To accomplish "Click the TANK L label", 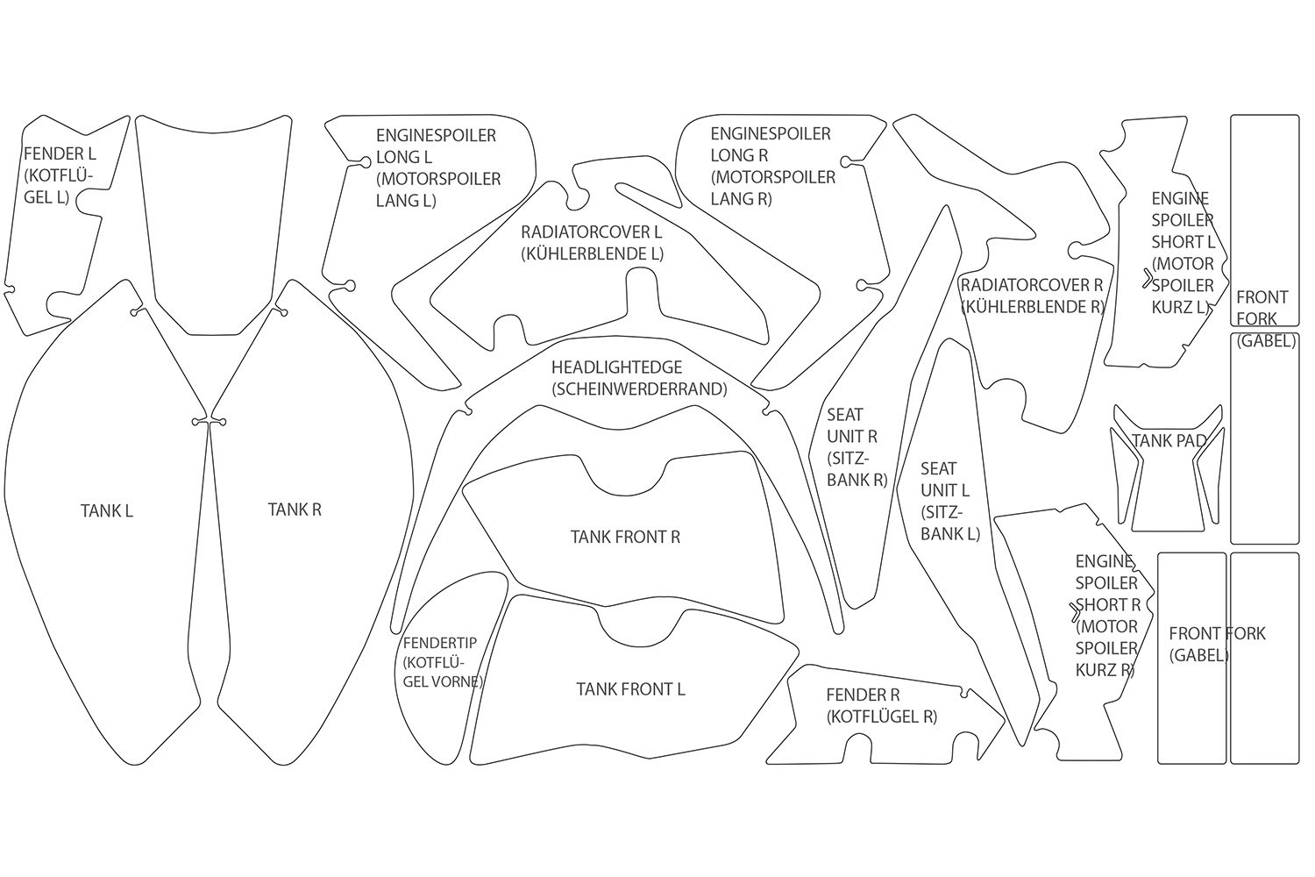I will [x=107, y=510].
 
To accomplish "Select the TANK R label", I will [x=295, y=510].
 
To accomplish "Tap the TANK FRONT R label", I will [x=625, y=537].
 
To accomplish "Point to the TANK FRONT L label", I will [x=630, y=689].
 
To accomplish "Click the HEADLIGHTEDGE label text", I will [x=616, y=367].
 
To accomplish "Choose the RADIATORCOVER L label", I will [x=592, y=232].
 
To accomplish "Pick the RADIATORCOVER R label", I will [x=1032, y=285].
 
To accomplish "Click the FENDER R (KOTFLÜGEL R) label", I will [x=881, y=705].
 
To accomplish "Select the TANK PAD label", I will [x=1169, y=440].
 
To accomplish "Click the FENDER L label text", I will [x=60, y=153].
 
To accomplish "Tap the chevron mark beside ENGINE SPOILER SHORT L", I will [x=1148, y=279].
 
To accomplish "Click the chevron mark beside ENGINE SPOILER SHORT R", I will [x=1077, y=613].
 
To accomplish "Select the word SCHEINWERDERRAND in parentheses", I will [x=639, y=389].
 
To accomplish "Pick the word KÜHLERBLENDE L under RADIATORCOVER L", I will [x=592, y=254].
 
